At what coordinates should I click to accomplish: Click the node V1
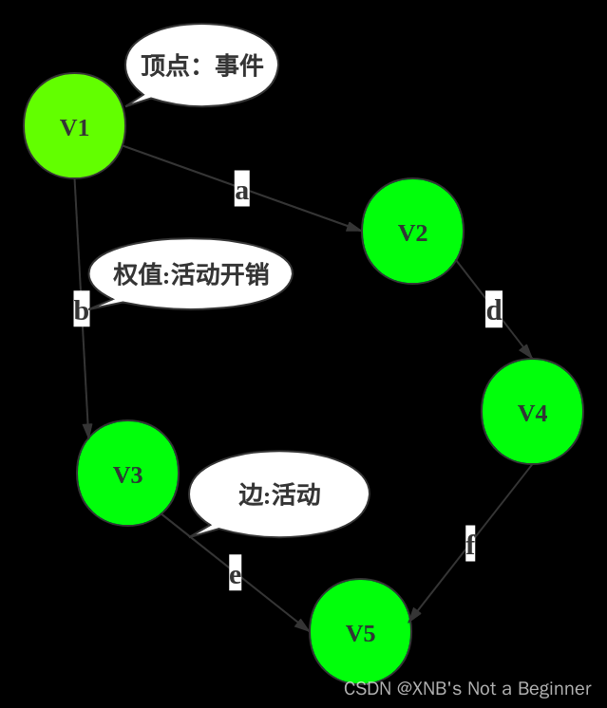(x=74, y=126)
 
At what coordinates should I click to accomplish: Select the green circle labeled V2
(x=412, y=232)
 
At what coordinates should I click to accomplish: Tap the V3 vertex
(x=127, y=474)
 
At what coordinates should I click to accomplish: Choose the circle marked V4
(x=532, y=412)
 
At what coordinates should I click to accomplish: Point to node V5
(x=360, y=632)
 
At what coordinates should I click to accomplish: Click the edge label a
(x=242, y=190)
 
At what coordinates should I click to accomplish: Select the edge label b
(x=82, y=309)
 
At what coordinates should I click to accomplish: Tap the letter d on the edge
(x=494, y=309)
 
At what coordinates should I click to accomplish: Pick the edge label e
(x=236, y=574)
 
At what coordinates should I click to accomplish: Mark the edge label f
(x=470, y=545)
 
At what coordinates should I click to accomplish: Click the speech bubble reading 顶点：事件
(x=201, y=65)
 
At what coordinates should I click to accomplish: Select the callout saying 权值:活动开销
(x=191, y=274)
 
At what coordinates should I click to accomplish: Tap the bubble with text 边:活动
(x=279, y=494)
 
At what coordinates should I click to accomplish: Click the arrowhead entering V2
(x=354, y=228)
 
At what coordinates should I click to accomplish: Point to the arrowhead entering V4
(x=525, y=351)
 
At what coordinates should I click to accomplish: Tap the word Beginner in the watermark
(x=552, y=688)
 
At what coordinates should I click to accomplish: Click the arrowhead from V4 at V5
(x=413, y=616)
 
